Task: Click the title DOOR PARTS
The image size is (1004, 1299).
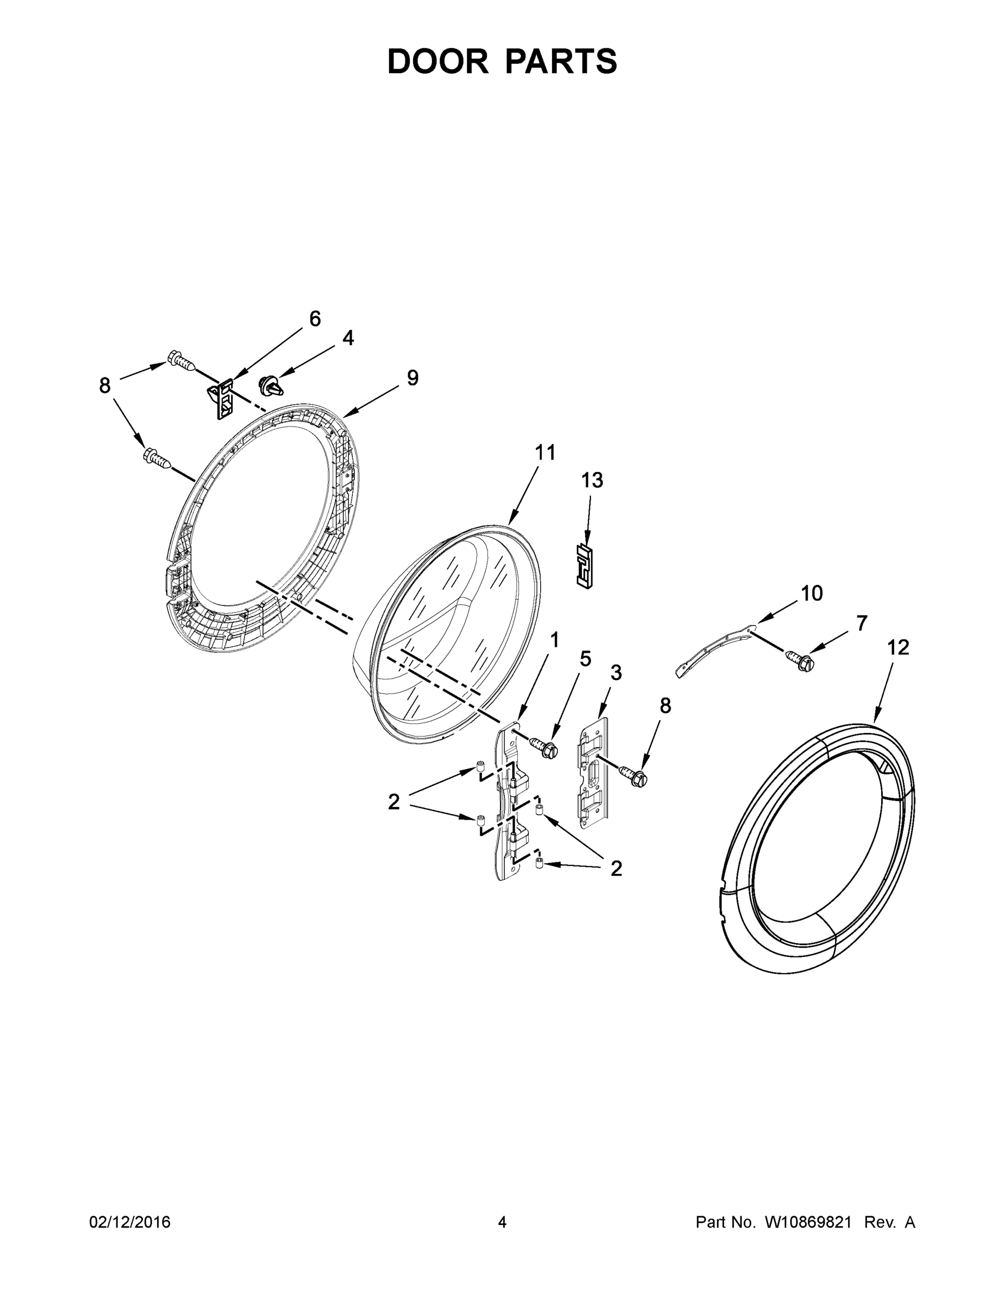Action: coord(502,61)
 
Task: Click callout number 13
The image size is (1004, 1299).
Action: coord(592,480)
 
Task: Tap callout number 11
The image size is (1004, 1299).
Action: coord(545,452)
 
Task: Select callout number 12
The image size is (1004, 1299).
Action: coord(898,648)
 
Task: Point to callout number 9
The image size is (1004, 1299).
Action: coord(413,378)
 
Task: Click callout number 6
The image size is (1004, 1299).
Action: coord(314,319)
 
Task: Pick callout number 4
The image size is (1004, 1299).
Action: coord(348,338)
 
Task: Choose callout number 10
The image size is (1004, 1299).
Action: coord(811,593)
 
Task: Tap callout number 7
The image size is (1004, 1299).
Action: coord(862,623)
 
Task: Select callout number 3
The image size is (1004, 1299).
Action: coord(616,673)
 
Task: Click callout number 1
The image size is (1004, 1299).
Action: coord(554,640)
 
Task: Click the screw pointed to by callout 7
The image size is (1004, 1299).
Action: coord(799,660)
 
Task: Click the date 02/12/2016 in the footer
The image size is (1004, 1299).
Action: coord(130,1222)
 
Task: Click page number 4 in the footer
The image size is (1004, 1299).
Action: coord(502,1222)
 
